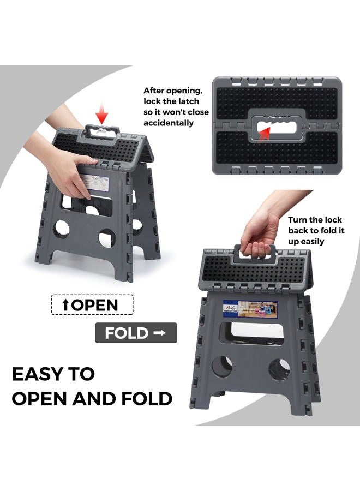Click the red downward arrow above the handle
pyautogui.click(x=101, y=114)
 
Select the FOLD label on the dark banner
pyautogui.click(x=127, y=333)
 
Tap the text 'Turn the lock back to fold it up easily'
pyautogui.click(x=315, y=230)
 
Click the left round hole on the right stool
pyautogui.click(x=222, y=367)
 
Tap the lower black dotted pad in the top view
pyautogui.click(x=278, y=148)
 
